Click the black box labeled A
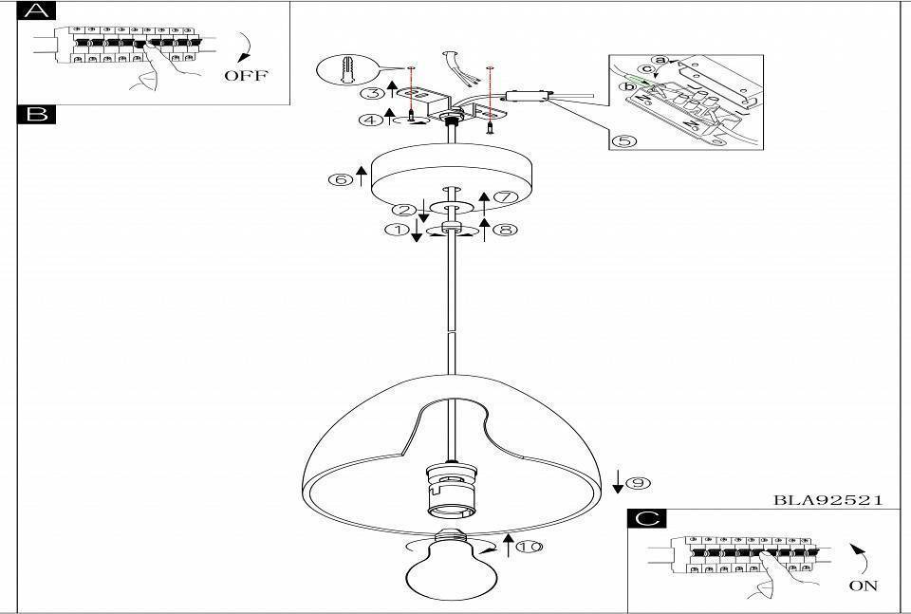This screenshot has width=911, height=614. pyautogui.click(x=37, y=10)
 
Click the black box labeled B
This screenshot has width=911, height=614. pyautogui.click(x=37, y=115)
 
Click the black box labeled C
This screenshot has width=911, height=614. pyautogui.click(x=647, y=518)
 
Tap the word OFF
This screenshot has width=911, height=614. pyautogui.click(x=247, y=75)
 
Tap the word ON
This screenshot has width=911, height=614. pyautogui.click(x=864, y=586)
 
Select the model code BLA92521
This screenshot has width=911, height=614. pyautogui.click(x=827, y=499)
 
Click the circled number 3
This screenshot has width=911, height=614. pyautogui.click(x=371, y=93)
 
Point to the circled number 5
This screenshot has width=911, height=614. pyautogui.click(x=624, y=141)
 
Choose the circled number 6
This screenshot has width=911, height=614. pyautogui.click(x=341, y=179)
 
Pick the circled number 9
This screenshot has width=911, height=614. pyautogui.click(x=638, y=483)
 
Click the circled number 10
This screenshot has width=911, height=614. pyautogui.click(x=530, y=547)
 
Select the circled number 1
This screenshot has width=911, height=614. pyautogui.click(x=398, y=230)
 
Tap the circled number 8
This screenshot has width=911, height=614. pyautogui.click(x=504, y=230)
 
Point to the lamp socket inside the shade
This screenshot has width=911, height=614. pyautogui.click(x=451, y=488)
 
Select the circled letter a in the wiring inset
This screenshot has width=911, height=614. pyautogui.click(x=660, y=60)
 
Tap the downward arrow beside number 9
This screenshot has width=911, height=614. pyautogui.click(x=618, y=481)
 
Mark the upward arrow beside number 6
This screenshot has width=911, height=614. pyautogui.click(x=362, y=176)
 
